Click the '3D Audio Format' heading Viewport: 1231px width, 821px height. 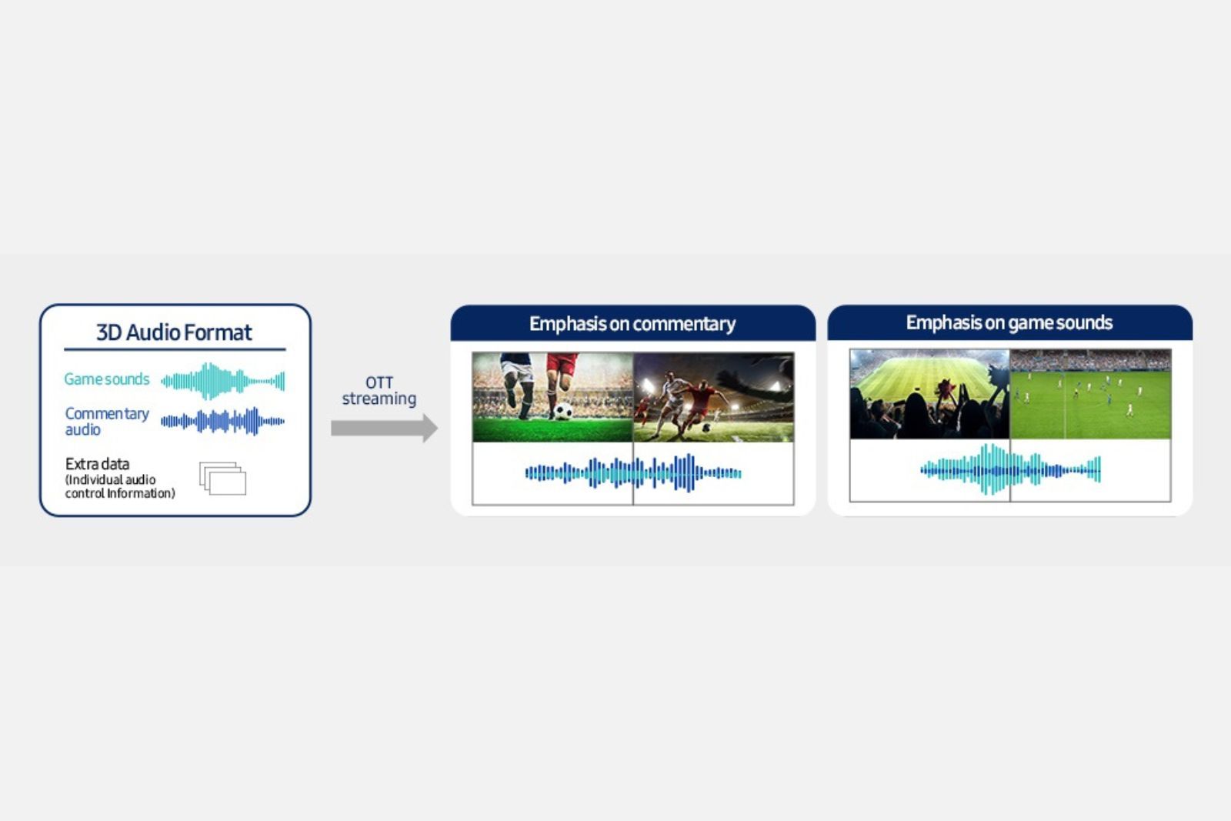174,332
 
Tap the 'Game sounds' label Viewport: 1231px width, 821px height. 107,379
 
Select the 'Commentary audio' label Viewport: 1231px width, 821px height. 107,421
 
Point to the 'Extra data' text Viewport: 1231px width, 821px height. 97,464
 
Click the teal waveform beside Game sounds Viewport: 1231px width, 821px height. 222,380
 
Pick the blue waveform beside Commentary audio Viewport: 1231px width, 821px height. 222,422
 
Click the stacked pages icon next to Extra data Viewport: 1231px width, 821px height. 222,478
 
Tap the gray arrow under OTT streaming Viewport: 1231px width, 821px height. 384,428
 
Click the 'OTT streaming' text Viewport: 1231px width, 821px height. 379,390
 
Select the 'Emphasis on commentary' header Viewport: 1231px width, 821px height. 632,324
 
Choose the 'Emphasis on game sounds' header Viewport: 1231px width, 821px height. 1009,322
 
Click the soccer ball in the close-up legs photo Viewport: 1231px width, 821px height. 562,411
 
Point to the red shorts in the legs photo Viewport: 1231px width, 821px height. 562,363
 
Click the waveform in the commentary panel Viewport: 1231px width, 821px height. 633,472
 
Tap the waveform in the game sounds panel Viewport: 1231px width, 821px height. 1010,469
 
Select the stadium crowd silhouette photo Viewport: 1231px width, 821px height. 929,394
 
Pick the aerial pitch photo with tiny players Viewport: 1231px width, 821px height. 1091,394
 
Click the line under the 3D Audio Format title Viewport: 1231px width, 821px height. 175,349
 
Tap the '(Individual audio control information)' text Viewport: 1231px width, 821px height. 120,487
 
